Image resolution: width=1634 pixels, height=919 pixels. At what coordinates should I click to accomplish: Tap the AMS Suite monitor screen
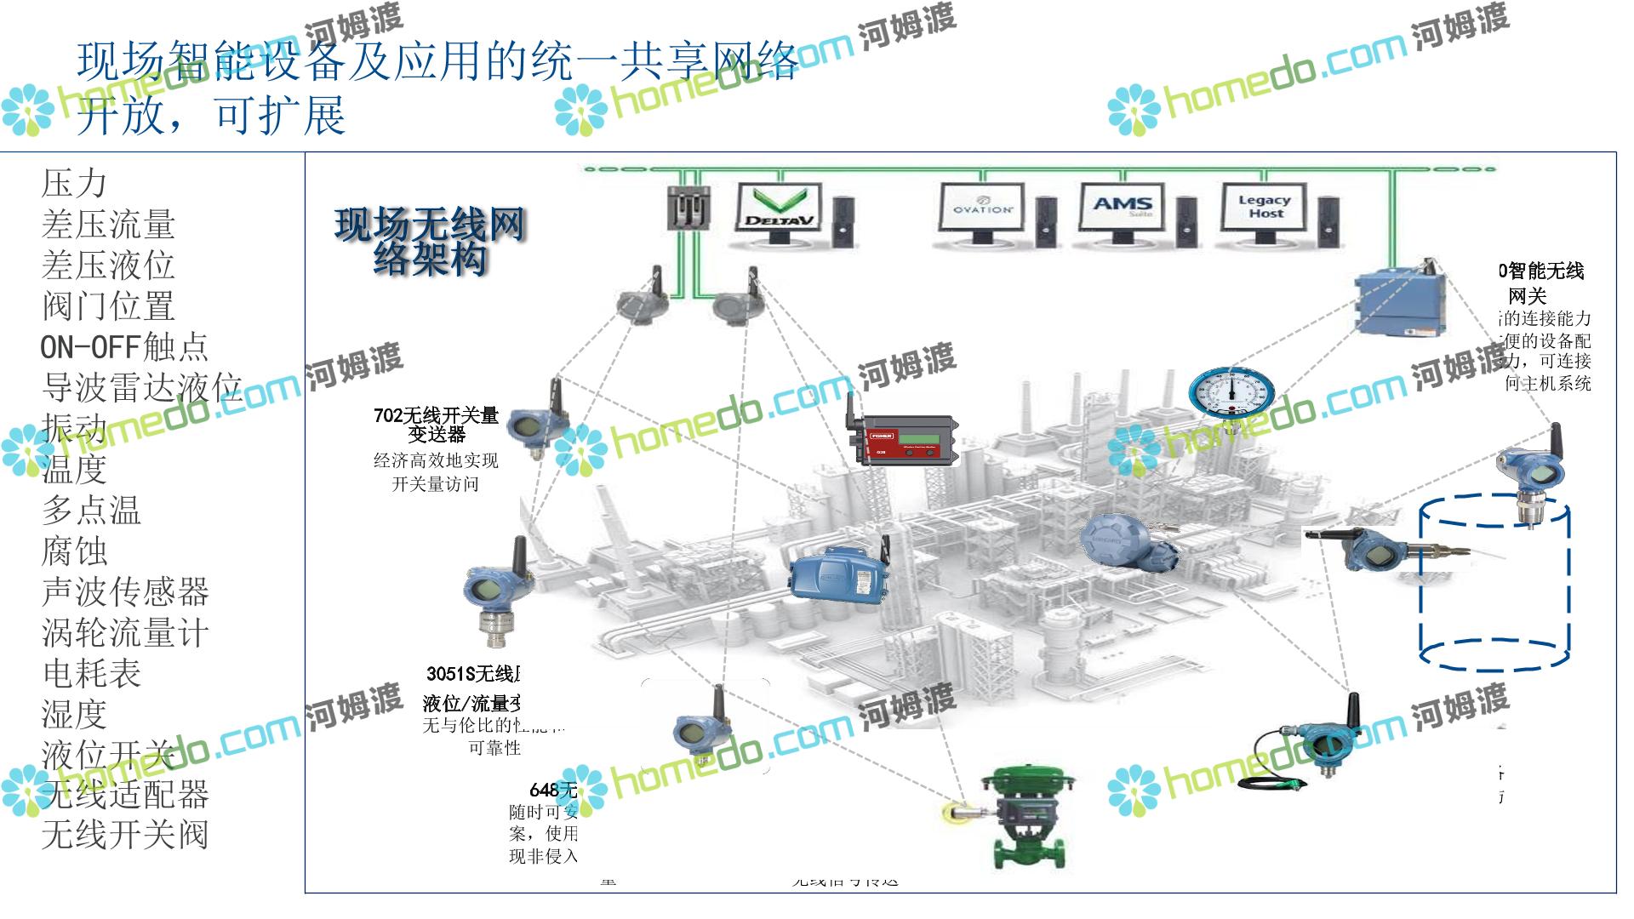click(1123, 207)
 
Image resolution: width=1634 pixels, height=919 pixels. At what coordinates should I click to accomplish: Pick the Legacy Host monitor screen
click(1265, 207)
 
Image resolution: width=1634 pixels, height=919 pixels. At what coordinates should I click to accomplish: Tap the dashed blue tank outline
click(1493, 587)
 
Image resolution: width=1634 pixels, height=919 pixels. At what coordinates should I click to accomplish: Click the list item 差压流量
click(108, 225)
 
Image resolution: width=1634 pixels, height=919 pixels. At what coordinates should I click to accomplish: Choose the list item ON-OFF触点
click(124, 347)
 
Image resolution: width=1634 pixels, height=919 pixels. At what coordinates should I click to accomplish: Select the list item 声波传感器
click(124, 592)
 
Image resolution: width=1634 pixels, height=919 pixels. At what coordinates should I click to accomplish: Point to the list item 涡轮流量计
click(124, 633)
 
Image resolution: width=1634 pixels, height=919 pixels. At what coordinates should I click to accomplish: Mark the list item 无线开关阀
click(124, 836)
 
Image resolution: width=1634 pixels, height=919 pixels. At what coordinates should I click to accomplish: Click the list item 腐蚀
click(75, 551)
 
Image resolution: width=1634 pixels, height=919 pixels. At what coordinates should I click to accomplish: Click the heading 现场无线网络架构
click(430, 242)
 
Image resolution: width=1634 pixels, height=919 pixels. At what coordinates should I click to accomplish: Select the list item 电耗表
click(91, 674)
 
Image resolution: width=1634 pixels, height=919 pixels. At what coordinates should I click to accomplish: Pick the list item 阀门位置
click(108, 306)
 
